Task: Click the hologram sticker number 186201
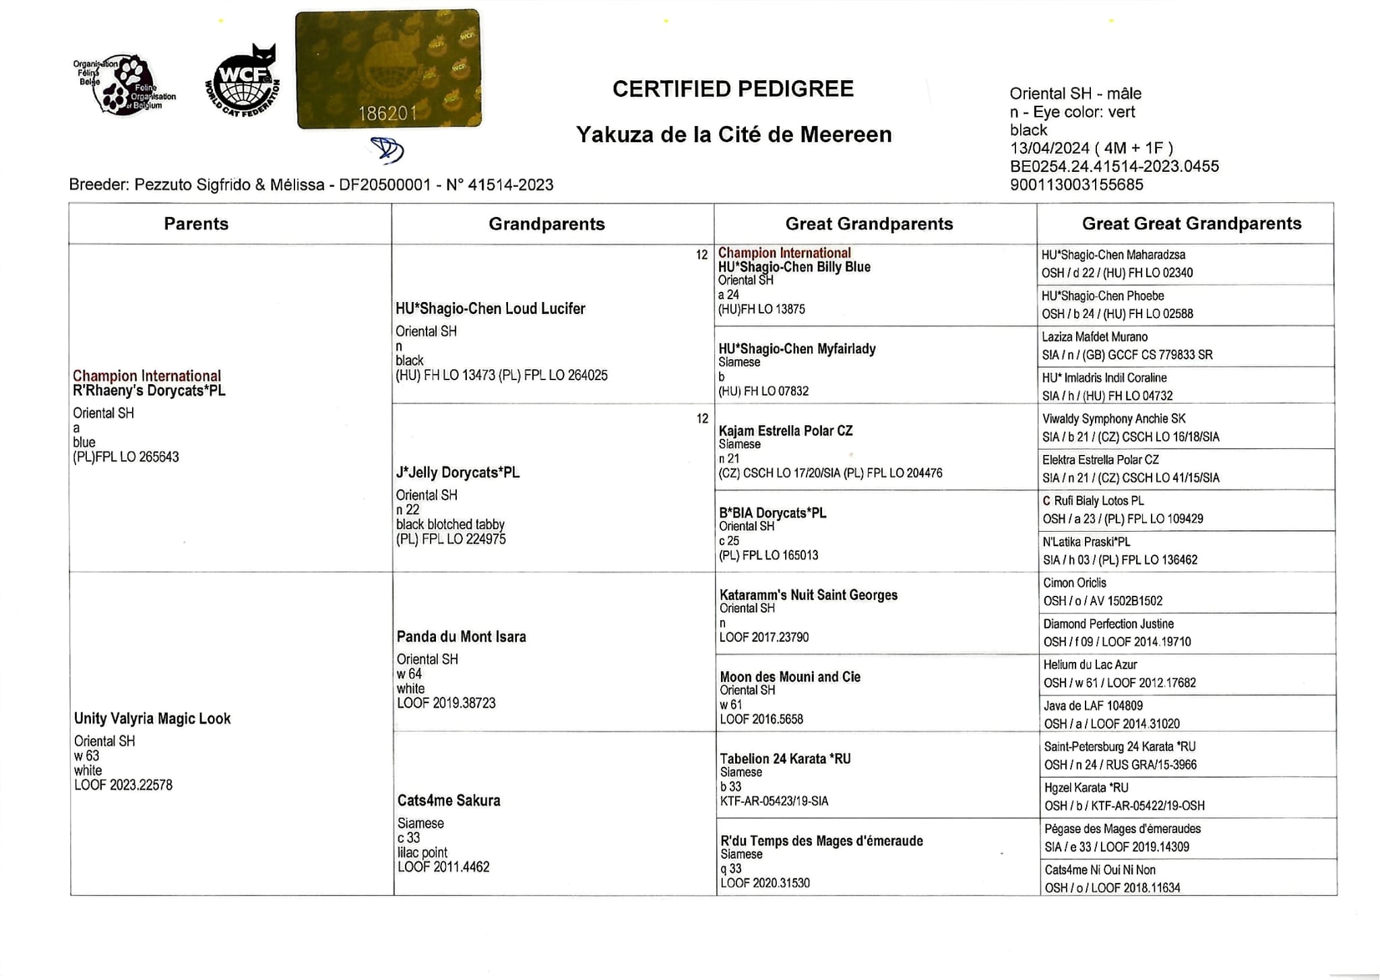click(x=387, y=113)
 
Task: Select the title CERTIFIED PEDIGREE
click(x=732, y=89)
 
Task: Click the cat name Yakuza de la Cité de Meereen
click(x=733, y=135)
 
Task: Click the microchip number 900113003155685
click(x=1076, y=185)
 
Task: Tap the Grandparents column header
click(x=546, y=224)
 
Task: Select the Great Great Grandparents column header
click(x=1191, y=223)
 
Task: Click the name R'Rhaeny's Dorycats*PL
click(x=149, y=391)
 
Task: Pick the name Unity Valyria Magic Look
click(x=152, y=718)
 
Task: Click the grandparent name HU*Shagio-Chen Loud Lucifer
click(x=490, y=309)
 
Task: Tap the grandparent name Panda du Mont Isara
click(x=461, y=636)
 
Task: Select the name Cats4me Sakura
click(x=449, y=801)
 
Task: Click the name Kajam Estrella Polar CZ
click(x=785, y=431)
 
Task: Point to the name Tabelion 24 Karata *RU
click(x=785, y=759)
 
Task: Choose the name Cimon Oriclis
click(x=1074, y=583)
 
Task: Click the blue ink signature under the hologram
click(x=387, y=150)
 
